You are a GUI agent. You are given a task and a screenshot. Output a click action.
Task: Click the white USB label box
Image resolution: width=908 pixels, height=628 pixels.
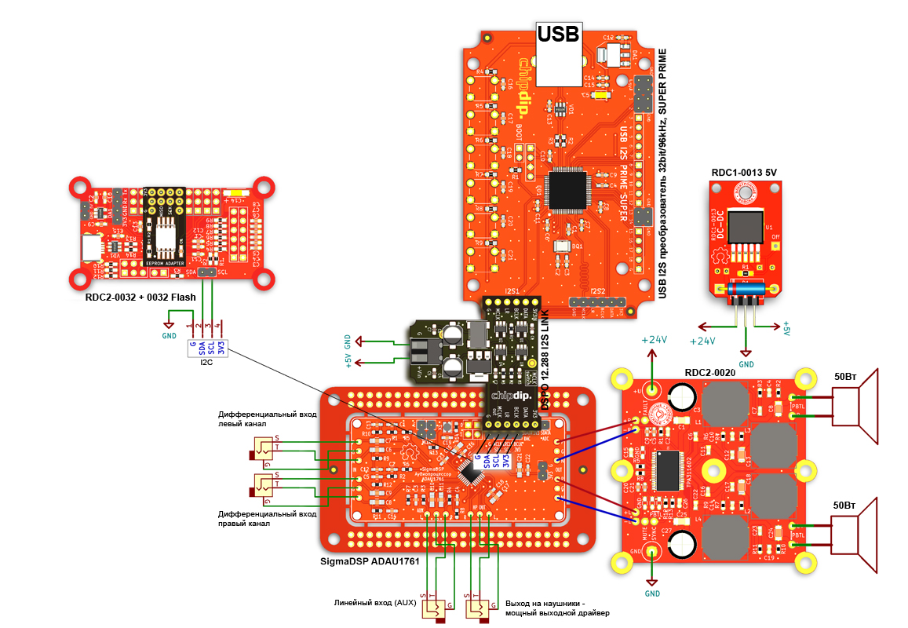tap(558, 33)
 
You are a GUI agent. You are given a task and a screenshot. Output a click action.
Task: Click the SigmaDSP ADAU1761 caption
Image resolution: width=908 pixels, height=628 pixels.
tap(370, 561)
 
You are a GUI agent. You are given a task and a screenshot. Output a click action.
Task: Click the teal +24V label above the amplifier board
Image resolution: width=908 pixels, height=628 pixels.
tap(654, 340)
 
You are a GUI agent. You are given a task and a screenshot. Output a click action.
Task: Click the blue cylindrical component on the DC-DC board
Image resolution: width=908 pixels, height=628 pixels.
tap(746, 291)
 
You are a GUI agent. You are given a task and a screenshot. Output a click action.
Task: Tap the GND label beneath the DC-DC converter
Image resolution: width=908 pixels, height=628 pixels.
tap(746, 364)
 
